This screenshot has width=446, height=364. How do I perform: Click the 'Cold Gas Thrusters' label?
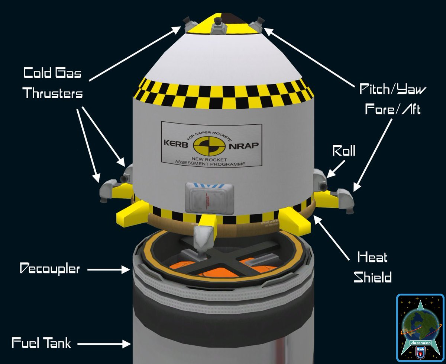[x=52, y=83]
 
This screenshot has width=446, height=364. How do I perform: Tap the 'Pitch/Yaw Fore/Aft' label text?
[x=393, y=99]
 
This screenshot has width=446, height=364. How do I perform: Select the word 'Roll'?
[x=343, y=151]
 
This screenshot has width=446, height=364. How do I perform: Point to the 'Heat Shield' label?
[x=372, y=267]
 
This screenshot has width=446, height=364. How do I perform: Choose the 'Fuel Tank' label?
[x=41, y=343]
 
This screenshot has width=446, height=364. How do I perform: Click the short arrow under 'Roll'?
[x=337, y=170]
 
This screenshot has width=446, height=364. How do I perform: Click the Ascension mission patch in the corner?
[x=420, y=328]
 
